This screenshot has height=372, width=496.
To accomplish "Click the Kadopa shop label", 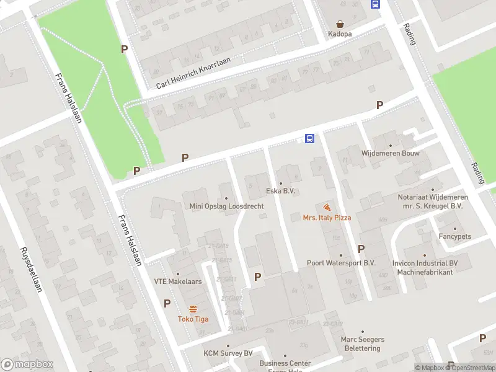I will click(x=340, y=33).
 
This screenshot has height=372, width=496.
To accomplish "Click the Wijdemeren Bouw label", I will click(x=391, y=153).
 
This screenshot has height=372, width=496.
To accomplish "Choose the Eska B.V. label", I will click(x=280, y=191).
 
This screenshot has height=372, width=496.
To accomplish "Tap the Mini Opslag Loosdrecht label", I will click(x=226, y=206).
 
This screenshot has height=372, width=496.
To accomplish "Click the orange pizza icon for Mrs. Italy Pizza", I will click(x=327, y=207).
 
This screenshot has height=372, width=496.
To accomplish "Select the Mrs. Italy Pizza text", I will click(x=327, y=218).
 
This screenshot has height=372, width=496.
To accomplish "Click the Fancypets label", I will click(x=455, y=236).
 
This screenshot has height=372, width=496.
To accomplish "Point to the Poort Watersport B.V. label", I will click(x=341, y=263).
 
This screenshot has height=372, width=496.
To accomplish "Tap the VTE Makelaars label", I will click(x=178, y=281).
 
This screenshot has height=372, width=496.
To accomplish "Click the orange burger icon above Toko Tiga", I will click(x=193, y=309).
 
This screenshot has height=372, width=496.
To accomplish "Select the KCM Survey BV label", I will click(x=228, y=353).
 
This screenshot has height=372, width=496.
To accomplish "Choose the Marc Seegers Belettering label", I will click(x=363, y=343).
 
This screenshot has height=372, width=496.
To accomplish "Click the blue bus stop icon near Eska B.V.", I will click(x=309, y=138).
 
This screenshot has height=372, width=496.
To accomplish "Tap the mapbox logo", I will click(x=27, y=365).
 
